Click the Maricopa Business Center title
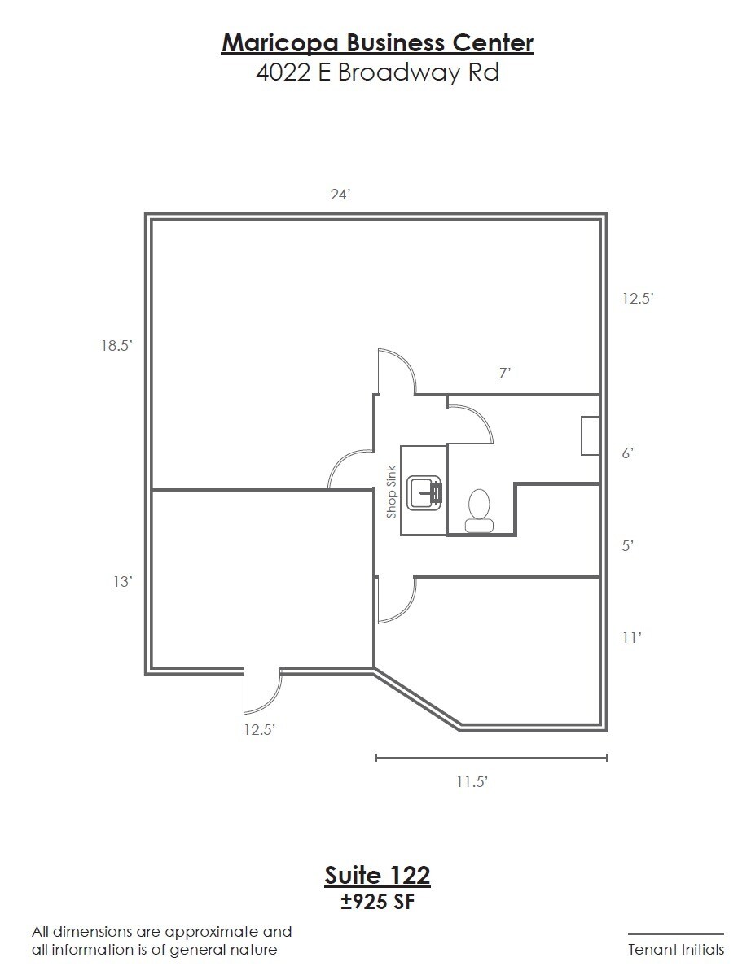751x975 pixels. [x=377, y=42]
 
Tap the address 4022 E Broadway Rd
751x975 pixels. [x=377, y=72]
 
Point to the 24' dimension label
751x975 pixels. [x=340, y=195]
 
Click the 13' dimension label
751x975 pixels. [x=123, y=582]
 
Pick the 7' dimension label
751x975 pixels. [x=505, y=374]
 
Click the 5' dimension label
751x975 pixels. [x=627, y=546]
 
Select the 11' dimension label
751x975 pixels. [x=631, y=639]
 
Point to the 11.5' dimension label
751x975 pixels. [x=472, y=783]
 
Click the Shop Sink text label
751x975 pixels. [x=392, y=492]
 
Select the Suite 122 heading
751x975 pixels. [x=377, y=876]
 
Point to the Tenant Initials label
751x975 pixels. [x=675, y=950]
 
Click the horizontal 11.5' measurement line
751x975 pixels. [x=491, y=759]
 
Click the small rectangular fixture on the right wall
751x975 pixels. [x=590, y=435]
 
